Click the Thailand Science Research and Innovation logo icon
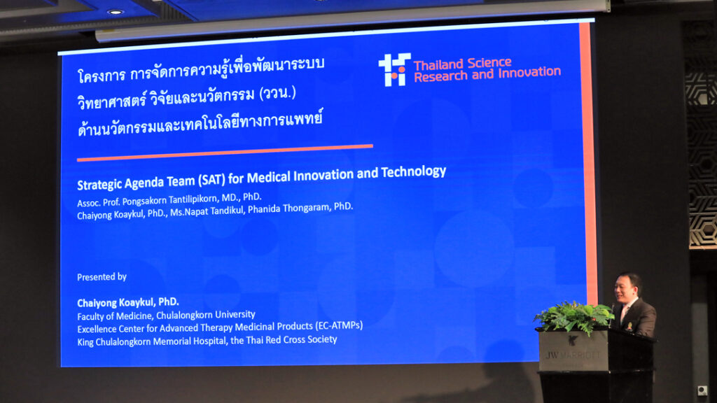394,69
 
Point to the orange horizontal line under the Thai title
225,153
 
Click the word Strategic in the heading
99,184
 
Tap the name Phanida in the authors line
264,209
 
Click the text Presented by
102,276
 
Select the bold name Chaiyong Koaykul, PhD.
128,302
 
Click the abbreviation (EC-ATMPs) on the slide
338,325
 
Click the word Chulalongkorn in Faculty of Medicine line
184,315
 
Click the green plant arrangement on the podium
574,317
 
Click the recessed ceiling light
116,12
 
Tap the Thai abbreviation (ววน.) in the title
277,94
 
